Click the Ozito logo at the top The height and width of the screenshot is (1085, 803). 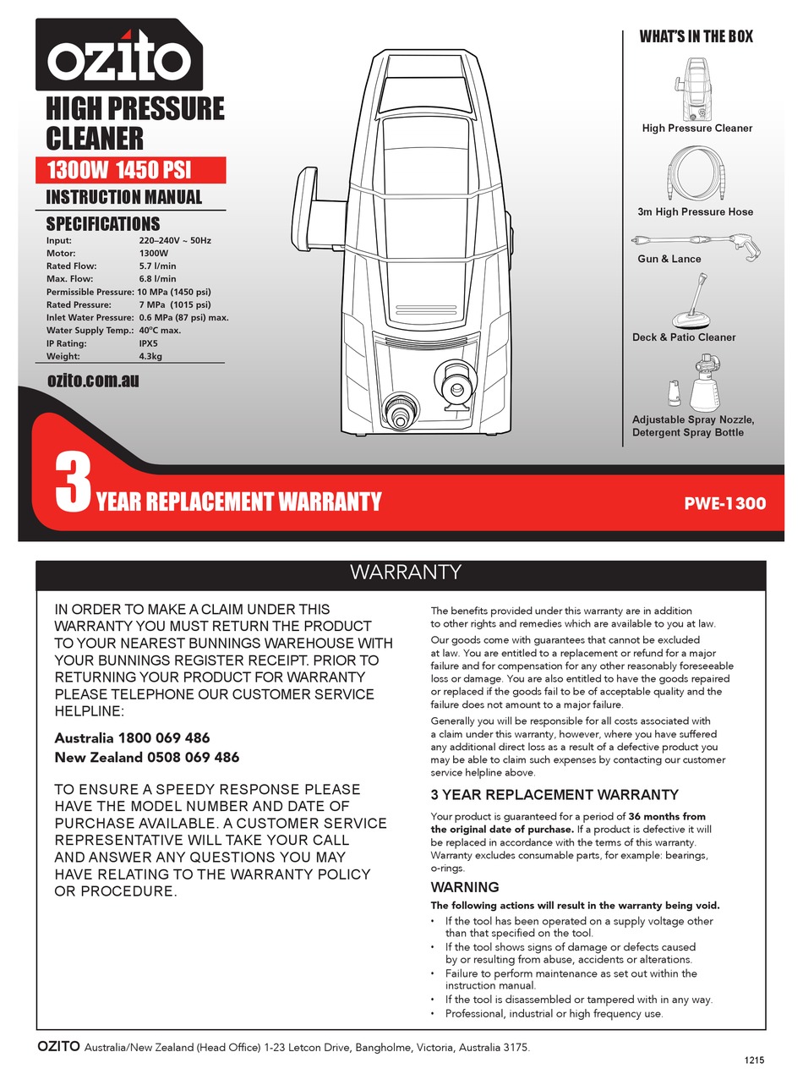pos(118,58)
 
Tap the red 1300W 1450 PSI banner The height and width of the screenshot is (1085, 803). pos(130,170)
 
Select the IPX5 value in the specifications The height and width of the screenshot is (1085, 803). pos(148,343)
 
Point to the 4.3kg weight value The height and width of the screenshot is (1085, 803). pos(150,356)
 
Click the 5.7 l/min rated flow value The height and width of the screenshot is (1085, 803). pos(157,266)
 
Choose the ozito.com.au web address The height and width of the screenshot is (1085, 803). pos(93,381)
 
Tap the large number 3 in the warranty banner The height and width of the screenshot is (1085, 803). pos(73,483)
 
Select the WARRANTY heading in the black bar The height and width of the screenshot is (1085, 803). pos(406,573)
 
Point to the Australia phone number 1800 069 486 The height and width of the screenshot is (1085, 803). pos(164,737)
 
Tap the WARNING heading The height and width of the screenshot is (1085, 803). pos(465,887)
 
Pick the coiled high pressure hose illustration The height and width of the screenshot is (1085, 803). pos(695,173)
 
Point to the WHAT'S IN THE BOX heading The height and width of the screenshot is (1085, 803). pos(696,36)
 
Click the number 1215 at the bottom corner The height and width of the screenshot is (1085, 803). pos(755,1060)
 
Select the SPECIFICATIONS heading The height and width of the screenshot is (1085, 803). pos(102,224)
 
